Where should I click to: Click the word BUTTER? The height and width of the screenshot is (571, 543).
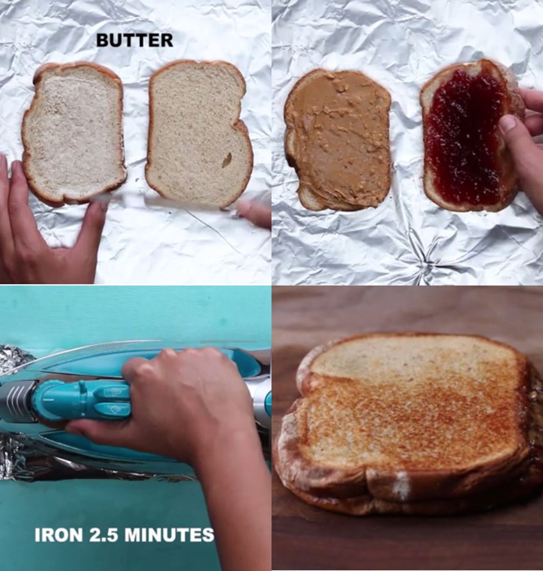[134, 40]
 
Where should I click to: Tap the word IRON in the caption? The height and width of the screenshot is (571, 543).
[58, 535]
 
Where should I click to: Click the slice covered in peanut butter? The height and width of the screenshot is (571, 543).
[338, 139]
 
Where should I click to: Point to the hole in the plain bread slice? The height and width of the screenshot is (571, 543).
[227, 160]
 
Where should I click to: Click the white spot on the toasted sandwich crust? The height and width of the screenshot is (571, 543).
[401, 486]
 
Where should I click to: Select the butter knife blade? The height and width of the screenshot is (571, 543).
[165, 202]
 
